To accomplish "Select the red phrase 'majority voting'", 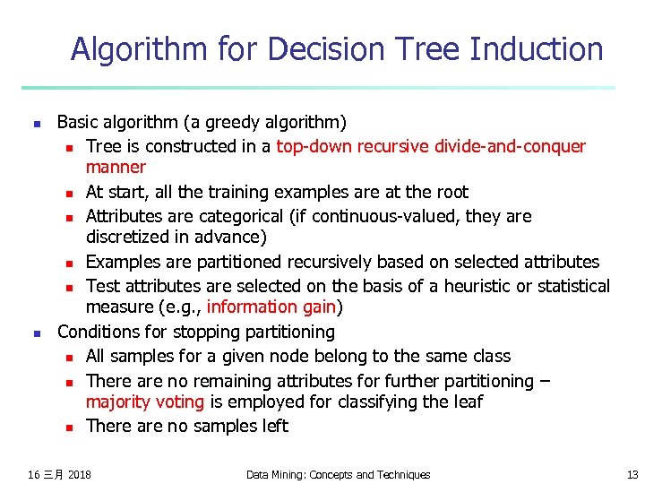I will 145,402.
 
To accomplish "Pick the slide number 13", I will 632,474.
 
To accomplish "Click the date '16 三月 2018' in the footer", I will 60,474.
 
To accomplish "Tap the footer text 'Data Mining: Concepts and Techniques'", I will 338,474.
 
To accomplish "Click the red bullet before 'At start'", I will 68,194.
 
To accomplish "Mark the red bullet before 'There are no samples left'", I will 68,428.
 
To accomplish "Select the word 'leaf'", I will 466,402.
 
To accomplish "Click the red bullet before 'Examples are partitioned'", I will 68,264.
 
